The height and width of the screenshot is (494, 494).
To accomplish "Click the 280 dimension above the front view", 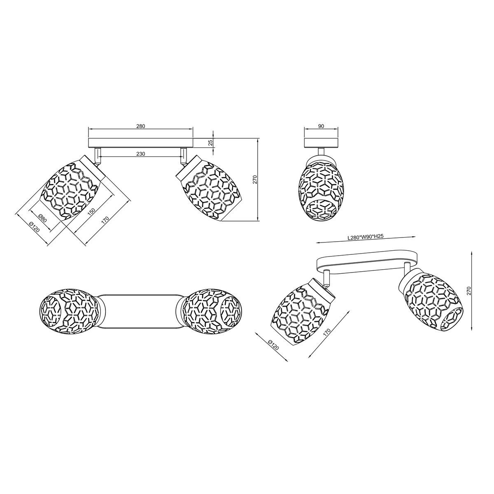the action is [141, 126].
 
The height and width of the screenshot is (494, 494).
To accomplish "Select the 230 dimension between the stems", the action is [141, 154].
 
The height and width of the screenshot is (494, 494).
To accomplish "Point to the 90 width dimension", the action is [321, 126].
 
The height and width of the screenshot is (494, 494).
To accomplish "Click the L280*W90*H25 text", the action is [365, 237].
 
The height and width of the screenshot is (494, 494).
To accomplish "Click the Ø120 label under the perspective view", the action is [273, 345].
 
